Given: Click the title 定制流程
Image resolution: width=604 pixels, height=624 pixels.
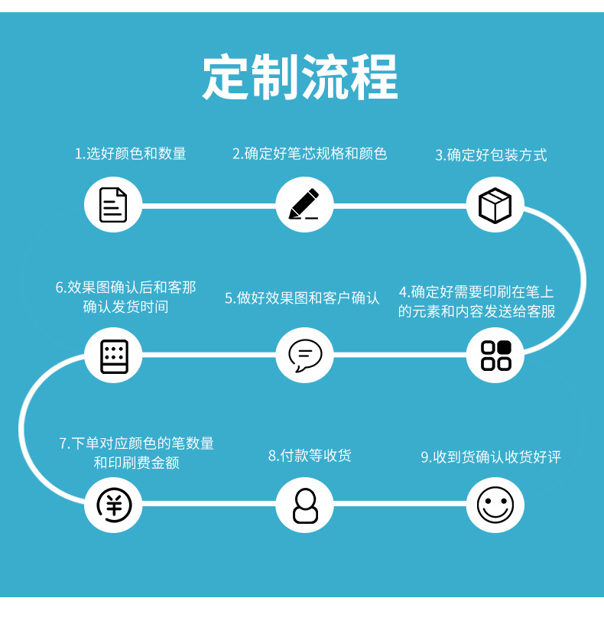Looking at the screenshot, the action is click(300, 78).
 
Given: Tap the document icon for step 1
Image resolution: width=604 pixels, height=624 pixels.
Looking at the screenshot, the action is click(113, 204).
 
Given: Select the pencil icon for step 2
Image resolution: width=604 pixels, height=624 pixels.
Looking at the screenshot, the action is click(304, 204).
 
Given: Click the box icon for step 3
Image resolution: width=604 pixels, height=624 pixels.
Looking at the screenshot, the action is click(495, 205).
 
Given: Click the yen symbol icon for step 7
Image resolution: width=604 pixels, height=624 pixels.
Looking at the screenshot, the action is click(113, 505).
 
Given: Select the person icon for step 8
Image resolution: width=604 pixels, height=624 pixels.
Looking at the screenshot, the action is click(304, 505).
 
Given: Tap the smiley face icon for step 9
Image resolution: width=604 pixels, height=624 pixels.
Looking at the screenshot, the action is click(495, 505).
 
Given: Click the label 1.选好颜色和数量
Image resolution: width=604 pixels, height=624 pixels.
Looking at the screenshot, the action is click(130, 154).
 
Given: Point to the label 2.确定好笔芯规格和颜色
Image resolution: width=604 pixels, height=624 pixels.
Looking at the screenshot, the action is click(310, 154).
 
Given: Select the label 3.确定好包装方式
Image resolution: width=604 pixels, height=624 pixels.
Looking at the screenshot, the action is click(491, 155).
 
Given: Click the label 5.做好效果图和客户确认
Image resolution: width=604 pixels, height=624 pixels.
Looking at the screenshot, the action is click(302, 298).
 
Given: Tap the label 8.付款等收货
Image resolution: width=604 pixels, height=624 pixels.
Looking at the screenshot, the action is click(310, 456).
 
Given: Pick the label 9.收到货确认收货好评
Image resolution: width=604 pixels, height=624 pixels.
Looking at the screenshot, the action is click(491, 457).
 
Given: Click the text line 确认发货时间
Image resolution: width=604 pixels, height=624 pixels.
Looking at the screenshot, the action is click(125, 307).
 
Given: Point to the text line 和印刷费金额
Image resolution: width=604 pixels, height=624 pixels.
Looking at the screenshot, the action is click(136, 463).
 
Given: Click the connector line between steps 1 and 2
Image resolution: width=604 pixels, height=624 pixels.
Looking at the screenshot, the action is click(208, 206).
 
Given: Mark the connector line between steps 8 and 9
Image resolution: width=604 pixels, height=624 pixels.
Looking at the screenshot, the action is click(399, 504).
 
